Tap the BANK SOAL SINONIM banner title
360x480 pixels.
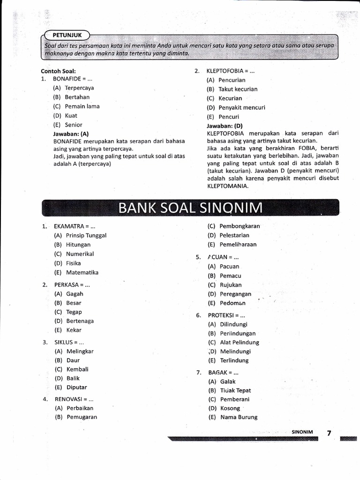[190, 208]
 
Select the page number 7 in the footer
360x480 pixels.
[329, 433]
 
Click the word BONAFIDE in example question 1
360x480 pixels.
[66, 79]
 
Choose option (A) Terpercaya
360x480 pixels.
[74, 88]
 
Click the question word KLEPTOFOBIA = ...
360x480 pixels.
[230, 71]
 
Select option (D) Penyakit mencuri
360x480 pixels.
[236, 107]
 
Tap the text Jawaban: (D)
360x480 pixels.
[225, 126]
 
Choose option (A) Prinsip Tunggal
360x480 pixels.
[80, 235]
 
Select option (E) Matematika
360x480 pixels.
[76, 272]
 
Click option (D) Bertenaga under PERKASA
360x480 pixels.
[74, 321]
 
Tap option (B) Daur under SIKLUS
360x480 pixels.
[67, 360]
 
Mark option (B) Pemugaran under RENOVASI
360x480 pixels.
[75, 417]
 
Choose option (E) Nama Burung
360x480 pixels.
[233, 417]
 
